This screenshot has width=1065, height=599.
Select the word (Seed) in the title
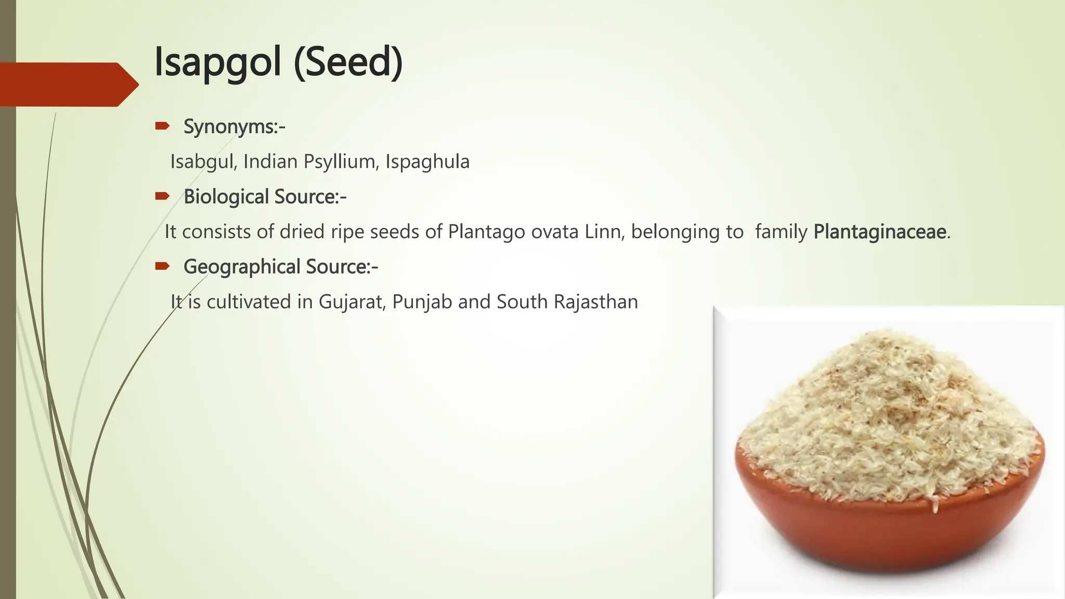pyautogui.click(x=348, y=62)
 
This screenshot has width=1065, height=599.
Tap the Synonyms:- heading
pyautogui.click(x=234, y=126)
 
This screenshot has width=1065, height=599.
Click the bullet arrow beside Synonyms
pyautogui.click(x=162, y=126)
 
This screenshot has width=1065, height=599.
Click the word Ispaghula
pyautogui.click(x=427, y=162)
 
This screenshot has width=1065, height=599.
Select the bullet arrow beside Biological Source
pyautogui.click(x=162, y=196)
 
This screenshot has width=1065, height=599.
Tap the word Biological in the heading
pyautogui.click(x=226, y=197)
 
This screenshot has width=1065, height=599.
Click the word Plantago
pyautogui.click(x=486, y=231)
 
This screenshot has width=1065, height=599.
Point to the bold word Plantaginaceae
pyautogui.click(x=879, y=231)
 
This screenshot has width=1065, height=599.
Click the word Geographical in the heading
pyautogui.click(x=242, y=267)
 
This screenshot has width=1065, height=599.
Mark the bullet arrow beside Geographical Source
pyautogui.click(x=162, y=266)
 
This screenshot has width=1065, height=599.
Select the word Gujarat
pyautogui.click(x=352, y=302)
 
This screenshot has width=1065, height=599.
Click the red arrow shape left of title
pyautogui.click(x=68, y=84)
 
